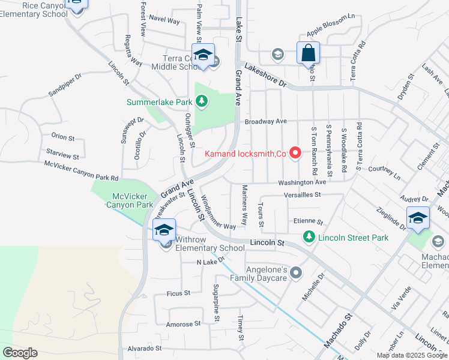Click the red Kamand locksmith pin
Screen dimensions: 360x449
[x=295, y=154]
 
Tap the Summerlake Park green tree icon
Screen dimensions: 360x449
[x=202, y=102]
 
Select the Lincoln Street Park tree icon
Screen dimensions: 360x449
[x=309, y=238]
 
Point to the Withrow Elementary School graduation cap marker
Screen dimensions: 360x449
[x=164, y=229]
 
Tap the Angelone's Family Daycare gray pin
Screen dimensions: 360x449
[x=295, y=274]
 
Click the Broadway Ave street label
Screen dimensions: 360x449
[x=265, y=121]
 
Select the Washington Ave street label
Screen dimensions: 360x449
[x=301, y=182]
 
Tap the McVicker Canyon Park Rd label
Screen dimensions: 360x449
[x=81, y=171]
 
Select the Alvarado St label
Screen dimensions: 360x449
[x=142, y=348]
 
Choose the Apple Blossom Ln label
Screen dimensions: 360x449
[x=331, y=25]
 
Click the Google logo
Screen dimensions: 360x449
[x=20, y=353]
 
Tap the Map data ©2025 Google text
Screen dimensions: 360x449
[x=411, y=355]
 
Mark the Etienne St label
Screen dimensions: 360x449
[x=308, y=221]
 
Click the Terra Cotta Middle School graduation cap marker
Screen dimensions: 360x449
[x=203, y=55]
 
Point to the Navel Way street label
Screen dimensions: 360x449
[x=164, y=21]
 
